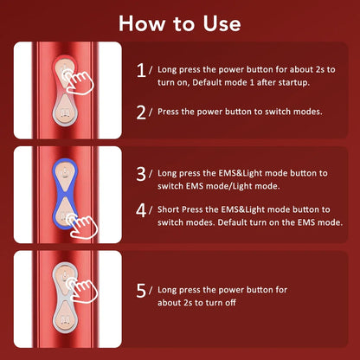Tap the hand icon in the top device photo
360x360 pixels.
click(82, 80)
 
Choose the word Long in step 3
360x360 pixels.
click(170, 173)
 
